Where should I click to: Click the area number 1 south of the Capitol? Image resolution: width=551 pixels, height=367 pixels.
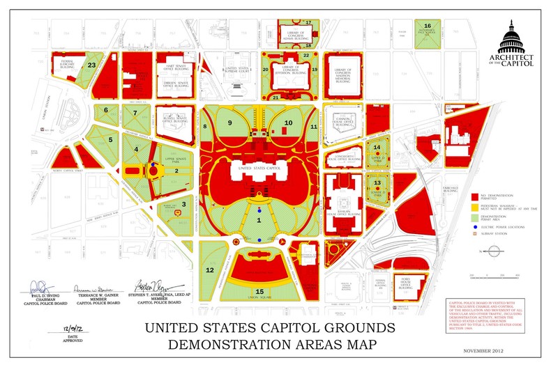pos(260,220)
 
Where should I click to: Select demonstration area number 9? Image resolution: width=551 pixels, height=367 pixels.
pos(229,123)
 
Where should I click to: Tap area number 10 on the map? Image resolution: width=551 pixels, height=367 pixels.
pos(287,123)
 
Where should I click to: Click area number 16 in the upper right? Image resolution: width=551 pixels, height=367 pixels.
pos(428,26)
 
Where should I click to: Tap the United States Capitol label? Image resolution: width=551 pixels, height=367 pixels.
pos(259,168)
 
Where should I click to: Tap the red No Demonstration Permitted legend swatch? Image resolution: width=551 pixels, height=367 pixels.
pos(475,198)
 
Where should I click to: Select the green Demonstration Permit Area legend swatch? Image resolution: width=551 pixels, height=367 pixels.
pos(475,217)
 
